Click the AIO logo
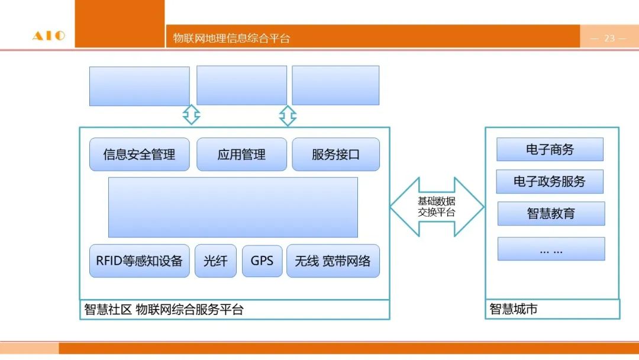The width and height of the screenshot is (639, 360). [x=49, y=36]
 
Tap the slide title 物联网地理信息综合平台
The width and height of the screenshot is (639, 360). [x=231, y=38]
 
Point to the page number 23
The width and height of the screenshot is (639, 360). [x=609, y=38]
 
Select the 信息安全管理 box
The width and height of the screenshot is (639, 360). [x=139, y=155]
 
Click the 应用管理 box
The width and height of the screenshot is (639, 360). [x=241, y=155]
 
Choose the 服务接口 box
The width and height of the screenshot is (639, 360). [x=335, y=155]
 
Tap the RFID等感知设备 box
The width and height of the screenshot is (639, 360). [x=139, y=261]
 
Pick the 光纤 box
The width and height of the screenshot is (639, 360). [x=215, y=261]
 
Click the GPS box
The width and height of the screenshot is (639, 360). [x=262, y=261]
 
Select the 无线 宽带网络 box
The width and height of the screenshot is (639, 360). [x=333, y=261]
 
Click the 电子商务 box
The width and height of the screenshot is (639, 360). [x=550, y=149]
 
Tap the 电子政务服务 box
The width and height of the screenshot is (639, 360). [x=550, y=182]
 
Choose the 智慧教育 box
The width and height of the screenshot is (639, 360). [x=551, y=213]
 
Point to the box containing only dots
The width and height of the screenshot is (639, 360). [x=551, y=249]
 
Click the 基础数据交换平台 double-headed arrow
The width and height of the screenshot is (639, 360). [x=437, y=207]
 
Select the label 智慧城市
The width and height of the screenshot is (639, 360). [x=514, y=309]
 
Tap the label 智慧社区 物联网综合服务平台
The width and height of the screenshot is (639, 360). [x=164, y=310]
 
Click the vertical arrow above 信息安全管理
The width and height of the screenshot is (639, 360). [x=191, y=115]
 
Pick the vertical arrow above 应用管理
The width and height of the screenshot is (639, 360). [x=288, y=115]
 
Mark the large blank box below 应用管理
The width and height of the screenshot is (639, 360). [x=233, y=207]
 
